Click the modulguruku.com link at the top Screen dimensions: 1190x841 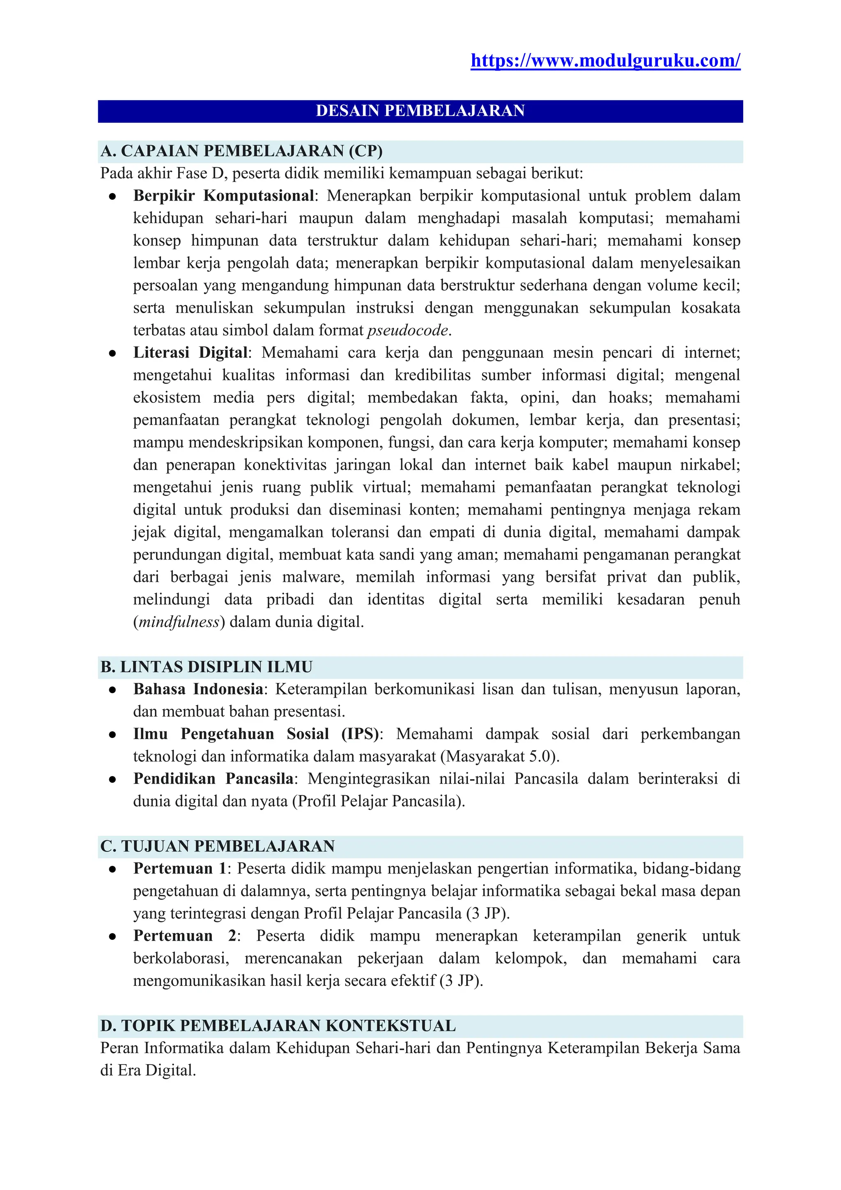coord(605,61)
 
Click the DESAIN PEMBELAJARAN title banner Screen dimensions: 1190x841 coord(420,111)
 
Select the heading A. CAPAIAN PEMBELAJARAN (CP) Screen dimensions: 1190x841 coord(241,151)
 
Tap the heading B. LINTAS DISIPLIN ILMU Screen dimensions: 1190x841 coord(206,666)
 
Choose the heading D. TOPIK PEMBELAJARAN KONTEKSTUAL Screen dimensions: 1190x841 coord(278,1025)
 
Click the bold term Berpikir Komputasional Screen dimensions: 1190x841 coord(223,196)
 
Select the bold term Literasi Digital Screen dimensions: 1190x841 coord(191,353)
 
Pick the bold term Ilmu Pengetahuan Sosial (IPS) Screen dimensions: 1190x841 coord(256,734)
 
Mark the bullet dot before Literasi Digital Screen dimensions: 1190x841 coord(112,353)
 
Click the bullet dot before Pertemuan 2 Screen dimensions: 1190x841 coord(112,936)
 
